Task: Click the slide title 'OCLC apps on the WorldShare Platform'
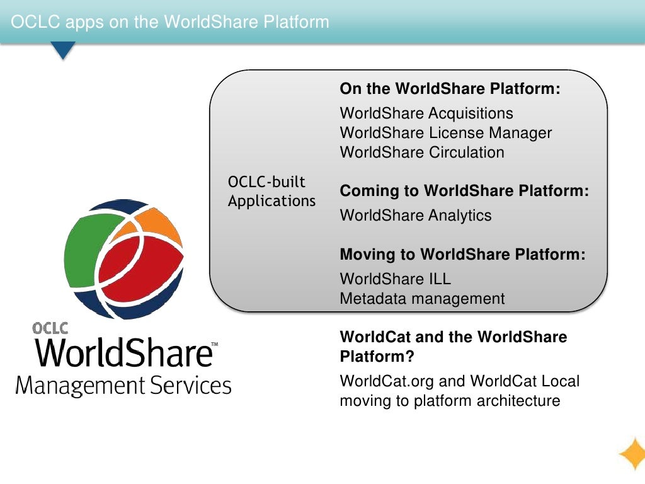tap(170, 22)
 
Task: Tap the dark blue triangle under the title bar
tap(62, 50)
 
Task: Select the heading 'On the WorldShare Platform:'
tap(450, 89)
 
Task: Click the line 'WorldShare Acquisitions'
tap(426, 113)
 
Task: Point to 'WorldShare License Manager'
tap(445, 133)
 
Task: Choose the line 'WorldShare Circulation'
tap(422, 153)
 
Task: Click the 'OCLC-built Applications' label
tap(271, 192)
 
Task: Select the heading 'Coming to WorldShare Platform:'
tap(464, 191)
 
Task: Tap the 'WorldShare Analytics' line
tap(416, 216)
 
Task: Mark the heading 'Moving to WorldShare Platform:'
tap(462, 255)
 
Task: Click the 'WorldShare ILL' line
tap(395, 279)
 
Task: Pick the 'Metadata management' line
tap(422, 299)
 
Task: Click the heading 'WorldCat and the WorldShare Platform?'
tap(453, 347)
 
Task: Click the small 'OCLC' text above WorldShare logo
tap(50, 328)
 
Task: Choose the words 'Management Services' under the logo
tap(123, 385)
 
